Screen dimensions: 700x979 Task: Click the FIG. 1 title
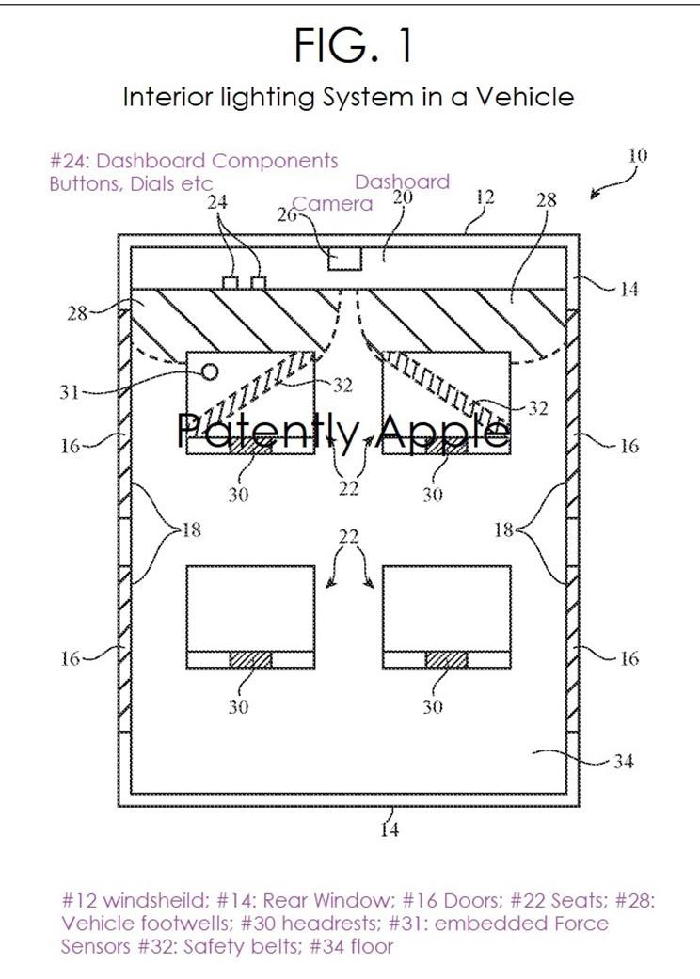[x=354, y=45]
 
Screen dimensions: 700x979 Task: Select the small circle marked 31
[x=211, y=372]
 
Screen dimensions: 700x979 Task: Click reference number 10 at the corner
[x=637, y=155]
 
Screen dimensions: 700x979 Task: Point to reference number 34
[x=623, y=761]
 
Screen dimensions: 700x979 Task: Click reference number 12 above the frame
[x=485, y=197]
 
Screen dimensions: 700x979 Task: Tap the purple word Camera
[x=333, y=203]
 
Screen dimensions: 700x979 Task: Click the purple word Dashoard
[x=402, y=182]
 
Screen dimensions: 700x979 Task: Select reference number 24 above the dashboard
[x=216, y=201]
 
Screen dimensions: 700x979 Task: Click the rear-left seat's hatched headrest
[x=251, y=659]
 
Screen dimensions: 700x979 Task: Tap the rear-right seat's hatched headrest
[x=447, y=659]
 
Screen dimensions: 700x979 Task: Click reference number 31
[x=69, y=392]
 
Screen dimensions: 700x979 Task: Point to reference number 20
[x=402, y=197]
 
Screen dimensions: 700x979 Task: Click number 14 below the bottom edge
[x=389, y=829]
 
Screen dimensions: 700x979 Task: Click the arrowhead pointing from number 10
[x=595, y=195]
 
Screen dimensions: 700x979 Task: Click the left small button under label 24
[x=231, y=283]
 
